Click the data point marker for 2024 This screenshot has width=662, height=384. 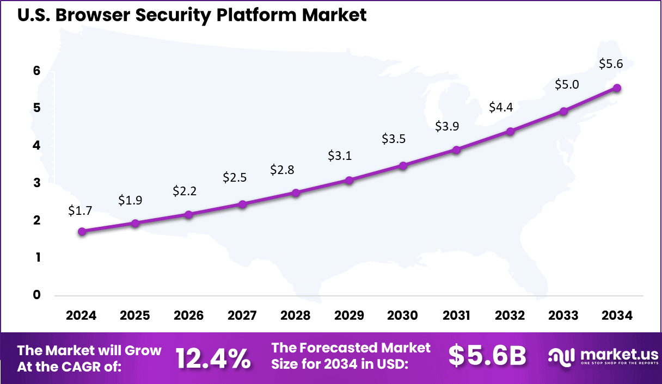pos(82,231)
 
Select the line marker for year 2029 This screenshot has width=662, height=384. pos(350,180)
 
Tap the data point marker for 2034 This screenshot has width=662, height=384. pos(617,88)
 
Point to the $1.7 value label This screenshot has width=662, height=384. pos(79,210)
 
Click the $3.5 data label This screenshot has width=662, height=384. pos(394,138)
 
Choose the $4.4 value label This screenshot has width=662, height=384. pos(500,107)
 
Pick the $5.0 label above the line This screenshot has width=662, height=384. pos(567,85)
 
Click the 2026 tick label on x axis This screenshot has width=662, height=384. pos(189,316)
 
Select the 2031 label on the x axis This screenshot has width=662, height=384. pos(456,316)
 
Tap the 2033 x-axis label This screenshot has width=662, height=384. pos(563,316)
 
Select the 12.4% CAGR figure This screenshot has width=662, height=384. pos(213,357)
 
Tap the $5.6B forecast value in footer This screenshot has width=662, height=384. pos(487,356)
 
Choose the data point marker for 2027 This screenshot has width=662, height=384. pos(242,204)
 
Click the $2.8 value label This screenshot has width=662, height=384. pos(282,170)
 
